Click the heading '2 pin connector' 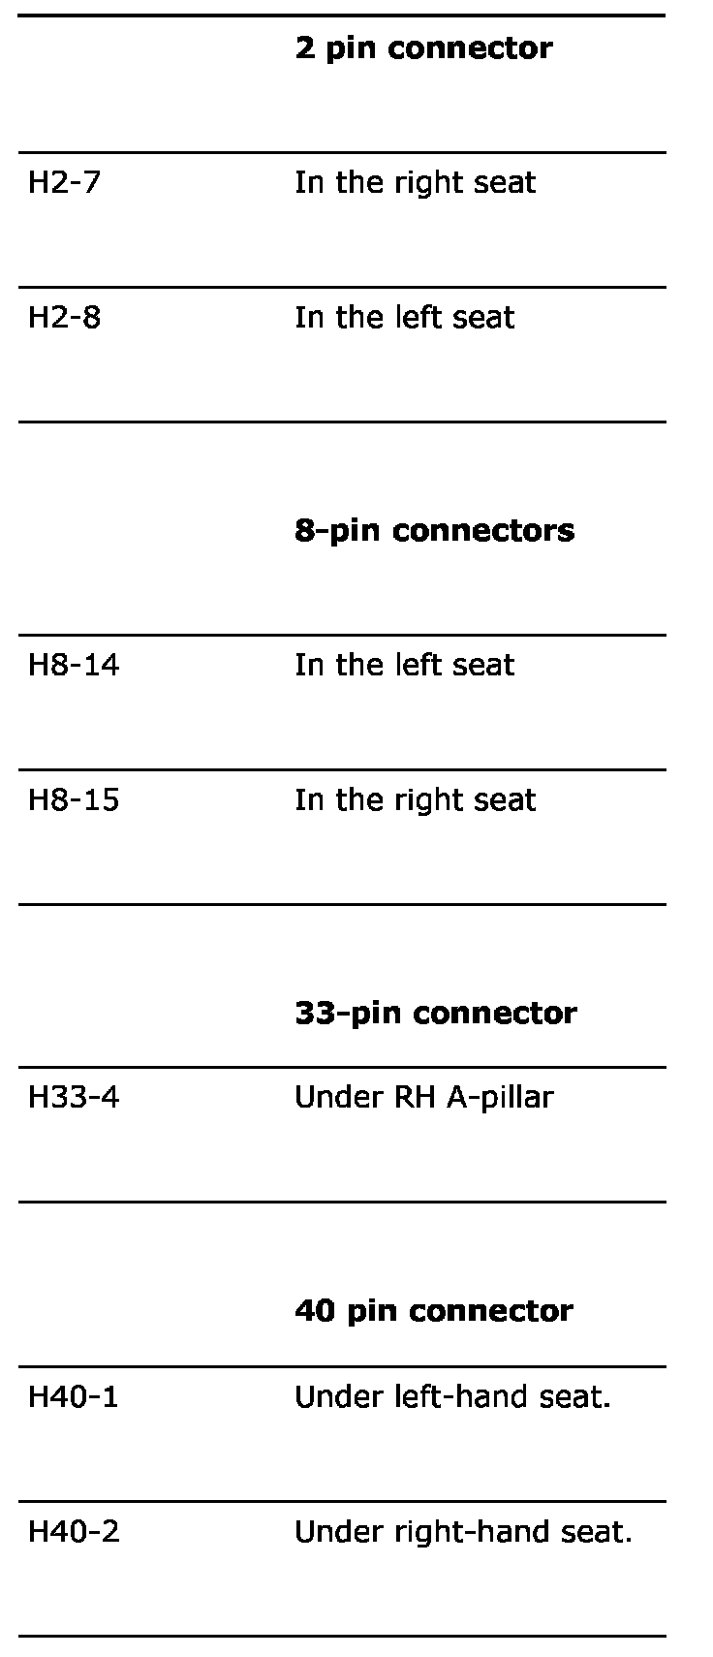point(423,48)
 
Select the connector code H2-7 point(64,182)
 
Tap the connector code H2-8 point(64,317)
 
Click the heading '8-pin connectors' point(434,530)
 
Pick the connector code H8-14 point(74,665)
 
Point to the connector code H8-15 point(74,799)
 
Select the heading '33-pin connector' point(435,1013)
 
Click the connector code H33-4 point(74,1097)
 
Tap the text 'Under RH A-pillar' point(423,1097)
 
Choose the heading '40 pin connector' point(433,1311)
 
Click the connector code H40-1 point(74,1396)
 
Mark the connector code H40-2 point(74,1531)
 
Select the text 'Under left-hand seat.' point(452,1396)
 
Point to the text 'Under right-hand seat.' point(463,1531)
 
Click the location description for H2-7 point(415,182)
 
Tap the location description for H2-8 point(404,317)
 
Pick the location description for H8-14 point(404,665)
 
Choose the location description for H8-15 point(415,799)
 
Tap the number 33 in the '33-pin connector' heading point(309,1013)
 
